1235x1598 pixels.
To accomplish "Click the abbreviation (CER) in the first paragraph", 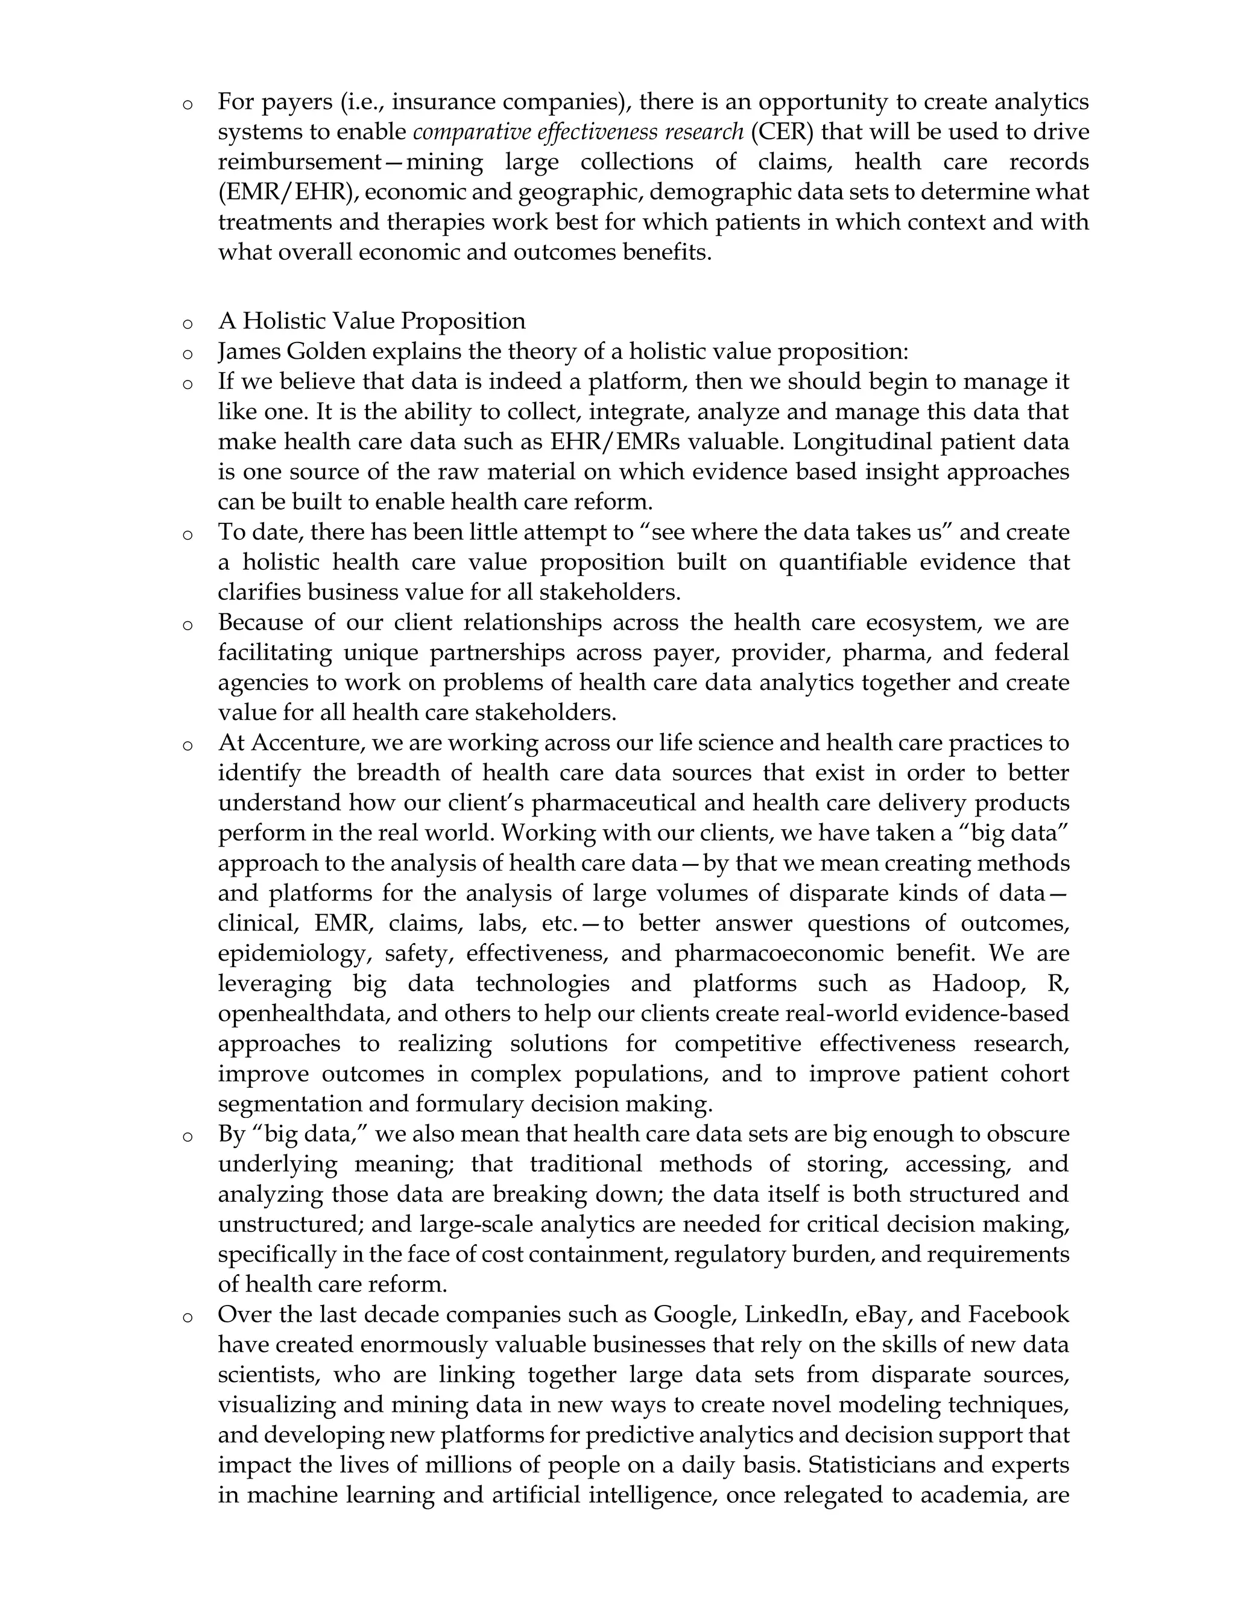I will pyautogui.click(x=783, y=133).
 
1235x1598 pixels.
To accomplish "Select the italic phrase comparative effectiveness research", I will pyautogui.click(x=578, y=133).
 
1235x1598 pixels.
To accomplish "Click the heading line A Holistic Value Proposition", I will pyautogui.click(x=371, y=321).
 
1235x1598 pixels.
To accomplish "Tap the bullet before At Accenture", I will pyautogui.click(x=188, y=745).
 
